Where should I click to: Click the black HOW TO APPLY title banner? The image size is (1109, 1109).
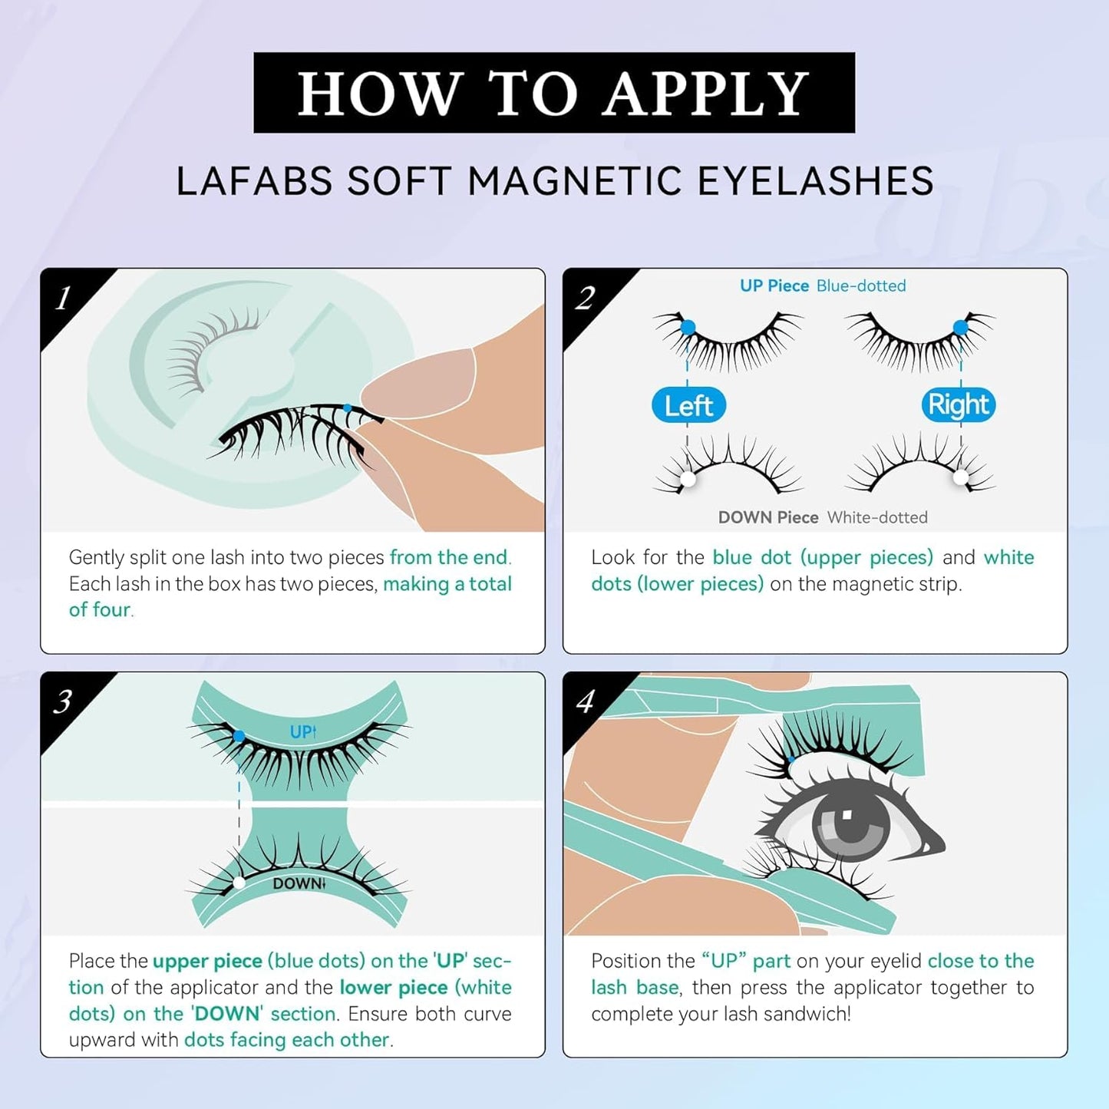(x=553, y=93)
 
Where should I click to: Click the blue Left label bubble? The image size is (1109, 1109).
(x=688, y=405)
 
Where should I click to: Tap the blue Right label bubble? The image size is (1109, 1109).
(x=958, y=404)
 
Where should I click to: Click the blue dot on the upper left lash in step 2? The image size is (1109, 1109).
(x=688, y=328)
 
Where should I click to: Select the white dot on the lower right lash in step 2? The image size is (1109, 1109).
(x=960, y=477)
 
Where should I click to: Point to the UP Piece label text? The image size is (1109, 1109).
(x=774, y=286)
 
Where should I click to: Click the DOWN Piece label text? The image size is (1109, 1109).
(x=767, y=517)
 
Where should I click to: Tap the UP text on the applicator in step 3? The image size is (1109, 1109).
(x=302, y=732)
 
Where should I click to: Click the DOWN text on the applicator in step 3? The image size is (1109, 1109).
(x=298, y=883)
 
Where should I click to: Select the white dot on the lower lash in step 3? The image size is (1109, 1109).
(x=239, y=883)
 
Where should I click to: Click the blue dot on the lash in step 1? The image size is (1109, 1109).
(x=347, y=408)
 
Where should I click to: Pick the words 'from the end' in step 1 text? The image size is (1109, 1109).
(x=448, y=557)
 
